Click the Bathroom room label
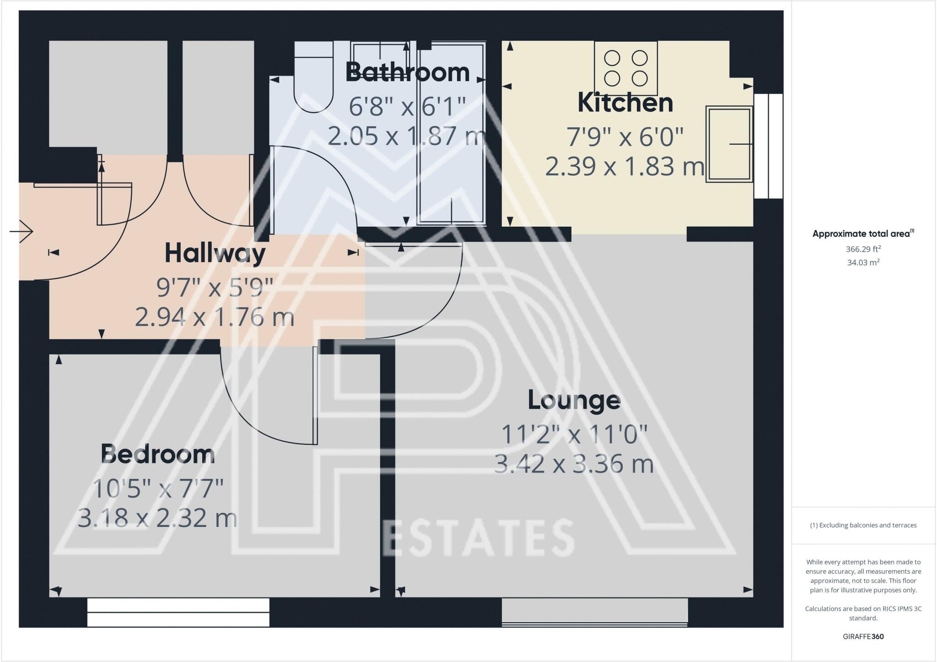click(407, 72)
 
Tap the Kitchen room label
click(625, 103)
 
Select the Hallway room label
click(215, 253)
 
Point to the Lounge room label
click(574, 400)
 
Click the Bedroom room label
click(157, 454)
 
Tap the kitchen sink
click(729, 144)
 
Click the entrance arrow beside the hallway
click(22, 232)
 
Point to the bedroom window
click(178, 612)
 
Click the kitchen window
click(768, 146)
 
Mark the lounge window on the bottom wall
click(594, 612)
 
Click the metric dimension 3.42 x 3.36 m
click(574, 464)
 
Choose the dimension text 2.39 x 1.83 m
click(625, 167)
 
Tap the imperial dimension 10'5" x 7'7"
click(158, 489)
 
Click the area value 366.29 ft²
click(863, 250)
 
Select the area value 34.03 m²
click(863, 263)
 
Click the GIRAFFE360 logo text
click(863, 636)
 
